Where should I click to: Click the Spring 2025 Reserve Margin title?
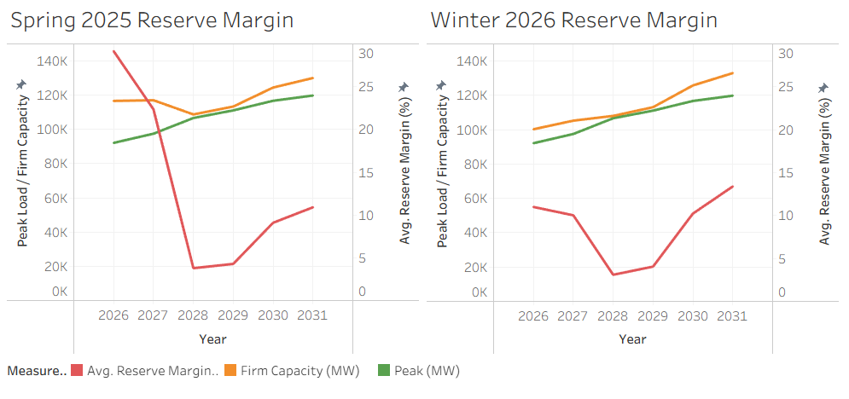tap(152, 20)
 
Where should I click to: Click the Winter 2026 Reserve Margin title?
tap(574, 20)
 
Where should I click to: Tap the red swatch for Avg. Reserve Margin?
tap(77, 371)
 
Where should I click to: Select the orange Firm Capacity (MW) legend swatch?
tap(230, 371)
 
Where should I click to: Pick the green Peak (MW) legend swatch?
tap(384, 371)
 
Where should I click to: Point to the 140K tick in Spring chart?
tap(53, 61)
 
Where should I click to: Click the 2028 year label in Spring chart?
tap(193, 315)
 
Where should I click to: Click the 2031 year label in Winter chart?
tap(732, 315)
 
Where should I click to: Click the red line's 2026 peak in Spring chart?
tap(113, 51)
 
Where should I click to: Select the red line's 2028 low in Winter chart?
tap(613, 275)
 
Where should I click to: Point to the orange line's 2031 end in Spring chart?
tap(312, 78)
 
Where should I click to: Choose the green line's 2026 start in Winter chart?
tap(533, 142)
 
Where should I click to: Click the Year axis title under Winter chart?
tap(632, 339)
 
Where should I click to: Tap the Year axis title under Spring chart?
tap(212, 339)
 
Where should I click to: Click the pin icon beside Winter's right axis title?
tap(823, 88)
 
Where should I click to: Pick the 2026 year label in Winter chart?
tap(533, 315)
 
